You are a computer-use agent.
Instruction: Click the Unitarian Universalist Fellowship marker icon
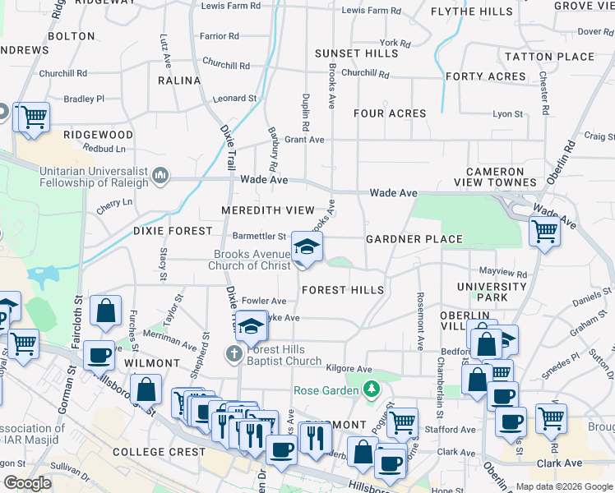[x=160, y=174]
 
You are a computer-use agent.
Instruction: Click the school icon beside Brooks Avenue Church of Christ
[x=307, y=246]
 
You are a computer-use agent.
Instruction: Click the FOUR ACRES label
[x=390, y=113]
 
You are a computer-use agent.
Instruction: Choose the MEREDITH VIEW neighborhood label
[x=268, y=211]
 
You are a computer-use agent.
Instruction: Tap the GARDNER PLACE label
[x=414, y=239]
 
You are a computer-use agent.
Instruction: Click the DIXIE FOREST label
[x=173, y=232]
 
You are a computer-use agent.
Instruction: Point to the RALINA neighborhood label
[x=179, y=81]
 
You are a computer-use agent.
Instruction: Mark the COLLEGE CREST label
[x=160, y=452]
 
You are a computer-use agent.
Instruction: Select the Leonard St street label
[x=234, y=99]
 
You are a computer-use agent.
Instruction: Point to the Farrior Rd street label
[x=220, y=36]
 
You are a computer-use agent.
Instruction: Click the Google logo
[x=27, y=483]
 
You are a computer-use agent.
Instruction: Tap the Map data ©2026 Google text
[x=563, y=486]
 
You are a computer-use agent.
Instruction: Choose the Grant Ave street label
[x=304, y=140]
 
